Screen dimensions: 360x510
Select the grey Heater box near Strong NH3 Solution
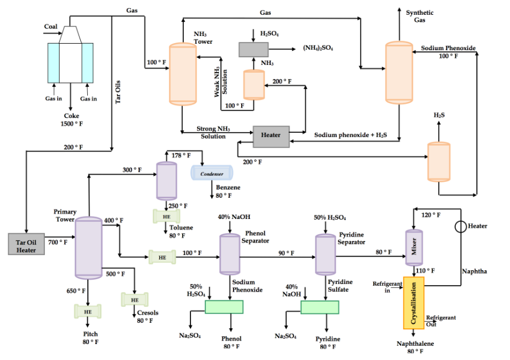click(271, 136)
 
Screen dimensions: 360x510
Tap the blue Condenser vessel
click(211, 174)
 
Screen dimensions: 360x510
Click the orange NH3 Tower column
click(182, 74)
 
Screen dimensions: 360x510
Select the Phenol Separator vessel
click(228, 254)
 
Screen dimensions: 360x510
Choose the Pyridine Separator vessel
click(324, 254)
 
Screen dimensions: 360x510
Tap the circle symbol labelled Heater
click(460, 227)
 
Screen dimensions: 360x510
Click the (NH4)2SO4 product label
click(318, 48)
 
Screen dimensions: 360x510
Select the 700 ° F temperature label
click(58, 242)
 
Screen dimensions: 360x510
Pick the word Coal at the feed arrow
click(51, 27)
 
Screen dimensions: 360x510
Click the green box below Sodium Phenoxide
click(224, 307)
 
